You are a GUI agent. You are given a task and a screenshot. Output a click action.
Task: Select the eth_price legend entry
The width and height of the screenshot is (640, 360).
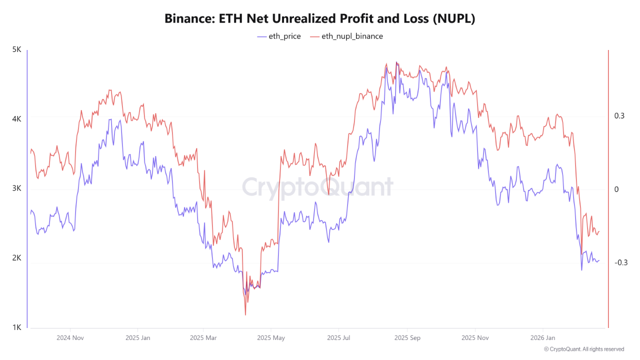pos(279,36)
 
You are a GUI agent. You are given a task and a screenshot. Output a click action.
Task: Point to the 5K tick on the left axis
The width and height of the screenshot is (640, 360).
pos(16,50)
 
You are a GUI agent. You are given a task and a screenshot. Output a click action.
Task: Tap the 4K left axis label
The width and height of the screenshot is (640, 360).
pos(16,119)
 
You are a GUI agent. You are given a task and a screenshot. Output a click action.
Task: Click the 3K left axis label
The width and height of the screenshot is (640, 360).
pos(16,189)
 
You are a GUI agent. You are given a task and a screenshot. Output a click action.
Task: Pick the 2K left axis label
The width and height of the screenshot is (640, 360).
pos(16,258)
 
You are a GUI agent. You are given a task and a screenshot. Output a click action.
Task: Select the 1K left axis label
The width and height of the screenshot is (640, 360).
pos(16,327)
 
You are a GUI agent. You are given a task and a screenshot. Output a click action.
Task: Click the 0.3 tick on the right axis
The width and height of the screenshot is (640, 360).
pos(619,116)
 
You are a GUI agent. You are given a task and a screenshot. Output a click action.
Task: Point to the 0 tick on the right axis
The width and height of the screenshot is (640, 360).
pos(616,189)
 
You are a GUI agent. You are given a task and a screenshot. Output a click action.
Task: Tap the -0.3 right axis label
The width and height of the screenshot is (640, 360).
pos(621,263)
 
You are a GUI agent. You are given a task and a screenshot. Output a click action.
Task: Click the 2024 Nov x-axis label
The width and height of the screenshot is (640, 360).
pos(70,337)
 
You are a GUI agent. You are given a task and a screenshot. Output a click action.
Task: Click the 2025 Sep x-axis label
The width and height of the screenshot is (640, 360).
pos(407,337)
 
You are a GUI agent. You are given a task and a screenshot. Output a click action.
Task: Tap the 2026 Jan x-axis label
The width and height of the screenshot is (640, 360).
pos(543,337)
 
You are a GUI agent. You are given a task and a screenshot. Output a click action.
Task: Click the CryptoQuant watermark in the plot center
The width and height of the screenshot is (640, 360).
pos(317,187)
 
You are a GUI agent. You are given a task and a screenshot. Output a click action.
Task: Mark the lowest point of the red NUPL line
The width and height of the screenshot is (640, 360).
pos(245,315)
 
